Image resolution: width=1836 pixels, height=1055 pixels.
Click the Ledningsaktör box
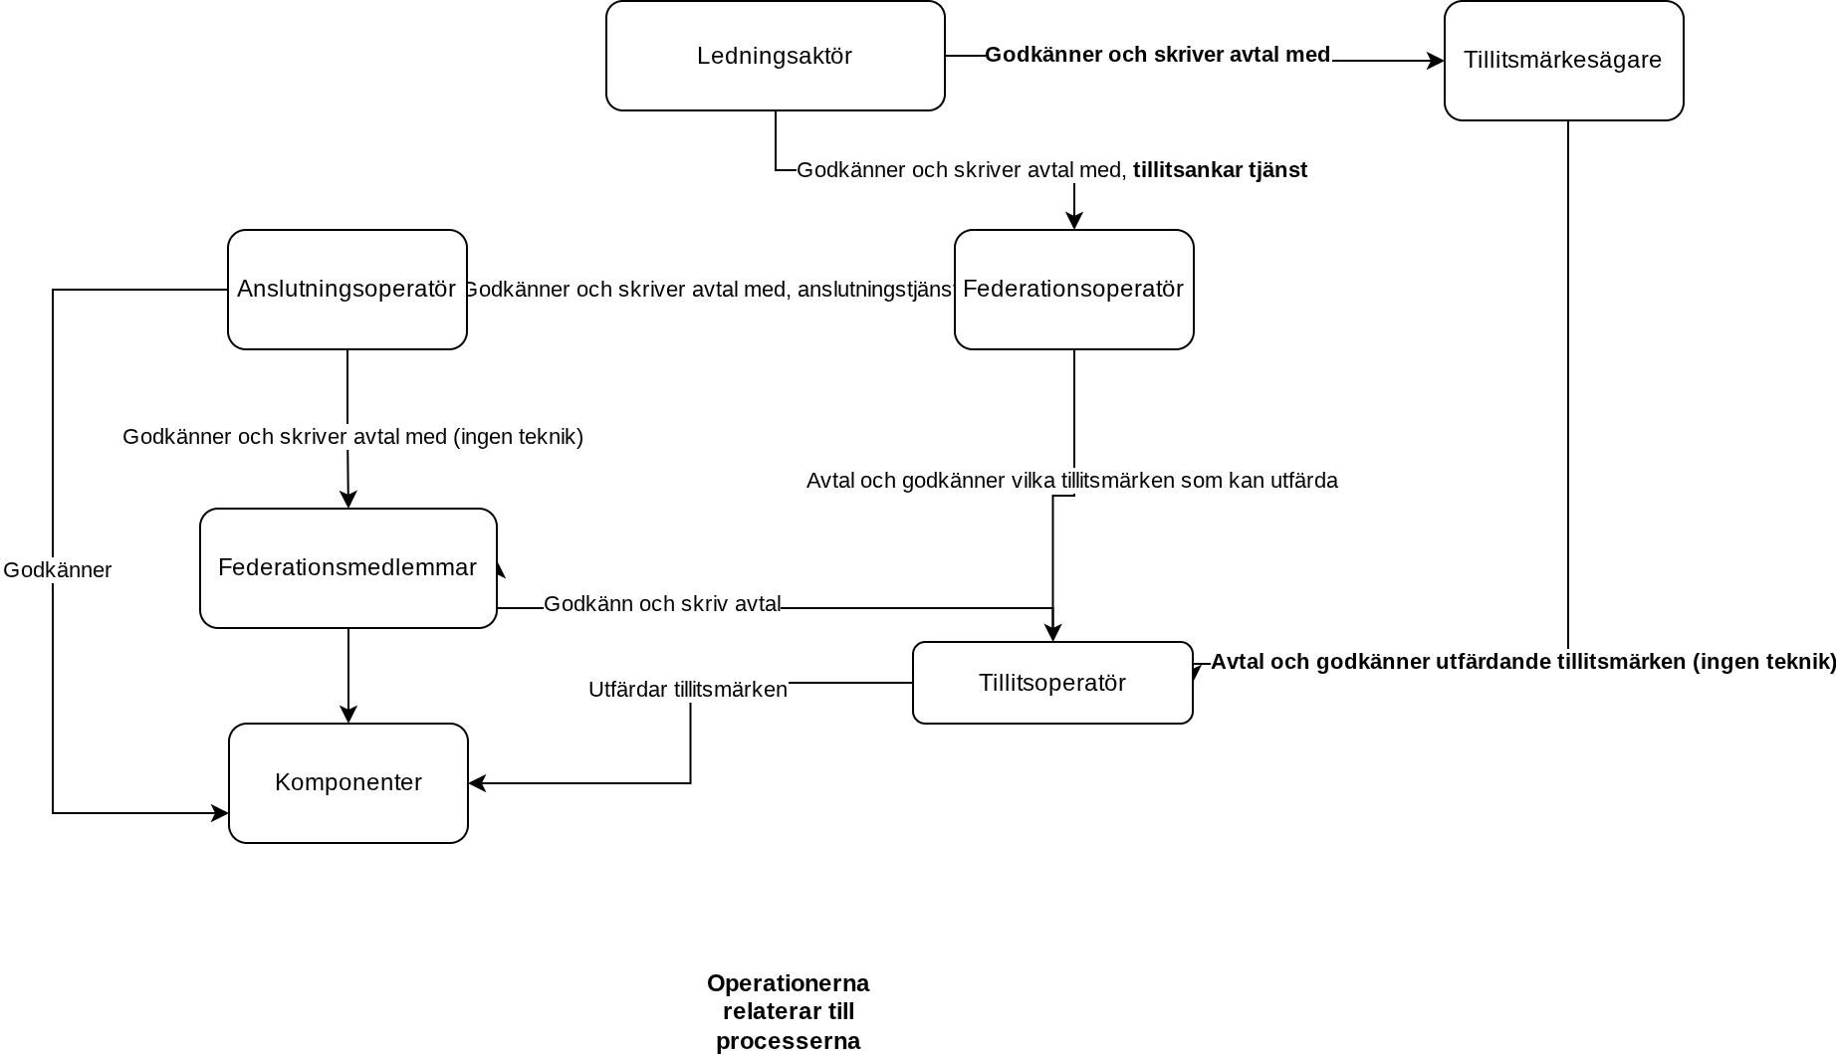click(776, 56)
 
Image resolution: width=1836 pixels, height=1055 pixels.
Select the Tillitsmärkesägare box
click(1564, 61)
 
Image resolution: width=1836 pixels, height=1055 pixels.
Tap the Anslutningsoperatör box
click(347, 290)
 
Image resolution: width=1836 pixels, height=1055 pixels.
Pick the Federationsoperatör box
click(1074, 290)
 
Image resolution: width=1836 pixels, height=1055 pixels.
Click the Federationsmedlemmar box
click(348, 568)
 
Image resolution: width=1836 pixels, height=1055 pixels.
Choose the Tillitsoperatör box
click(1052, 683)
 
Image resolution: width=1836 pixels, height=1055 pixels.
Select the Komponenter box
click(348, 783)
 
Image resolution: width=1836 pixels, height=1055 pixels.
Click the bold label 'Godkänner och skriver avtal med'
click(1158, 55)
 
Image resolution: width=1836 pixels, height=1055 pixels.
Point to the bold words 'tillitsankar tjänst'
click(1220, 170)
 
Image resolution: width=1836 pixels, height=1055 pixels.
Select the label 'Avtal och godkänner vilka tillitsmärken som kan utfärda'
click(1072, 481)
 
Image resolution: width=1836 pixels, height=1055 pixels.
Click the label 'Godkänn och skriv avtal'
click(662, 604)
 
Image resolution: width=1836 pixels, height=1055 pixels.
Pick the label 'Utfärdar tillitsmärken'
click(688, 690)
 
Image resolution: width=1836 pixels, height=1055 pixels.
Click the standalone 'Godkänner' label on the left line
click(58, 570)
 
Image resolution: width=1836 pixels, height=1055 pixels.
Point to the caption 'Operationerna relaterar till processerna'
click(789, 1012)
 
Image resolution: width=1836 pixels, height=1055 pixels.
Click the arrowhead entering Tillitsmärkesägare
click(1436, 61)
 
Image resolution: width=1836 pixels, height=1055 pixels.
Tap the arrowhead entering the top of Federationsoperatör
click(1074, 221)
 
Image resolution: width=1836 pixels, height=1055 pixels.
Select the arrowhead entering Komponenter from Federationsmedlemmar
click(348, 715)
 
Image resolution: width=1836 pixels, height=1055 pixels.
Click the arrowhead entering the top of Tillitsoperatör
click(1052, 633)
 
